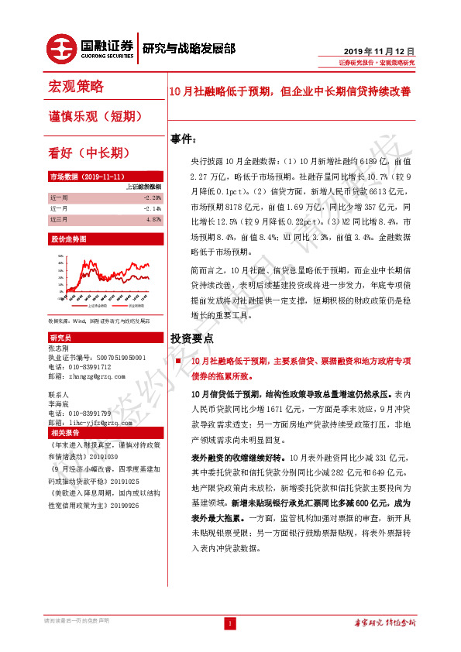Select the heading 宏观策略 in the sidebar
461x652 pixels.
coord(76,85)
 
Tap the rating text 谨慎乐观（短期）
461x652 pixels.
coord(95,115)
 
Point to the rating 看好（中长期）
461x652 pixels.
coord(88,152)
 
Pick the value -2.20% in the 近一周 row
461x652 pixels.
coord(152,197)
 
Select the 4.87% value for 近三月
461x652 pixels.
coord(153,219)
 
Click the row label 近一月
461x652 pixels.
coord(59,208)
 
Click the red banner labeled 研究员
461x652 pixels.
coord(60,338)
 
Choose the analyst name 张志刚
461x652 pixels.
coord(59,349)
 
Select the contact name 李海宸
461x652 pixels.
coord(59,403)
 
